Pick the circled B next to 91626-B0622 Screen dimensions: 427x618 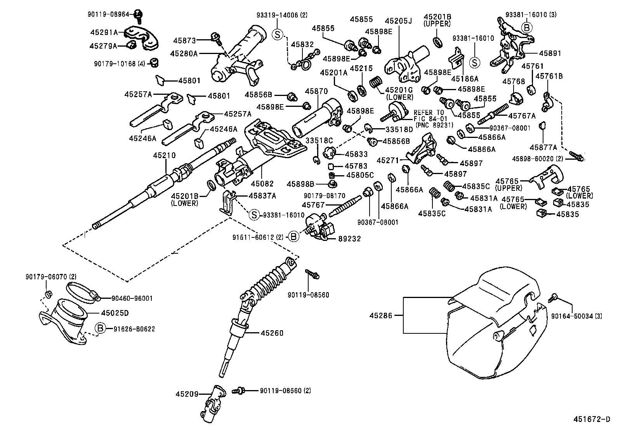pos(101,329)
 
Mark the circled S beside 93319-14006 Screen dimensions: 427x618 pos(278,34)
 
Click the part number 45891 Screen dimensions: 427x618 pos(550,53)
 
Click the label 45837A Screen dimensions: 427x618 pos(262,196)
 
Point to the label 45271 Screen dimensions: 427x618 pos(389,160)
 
